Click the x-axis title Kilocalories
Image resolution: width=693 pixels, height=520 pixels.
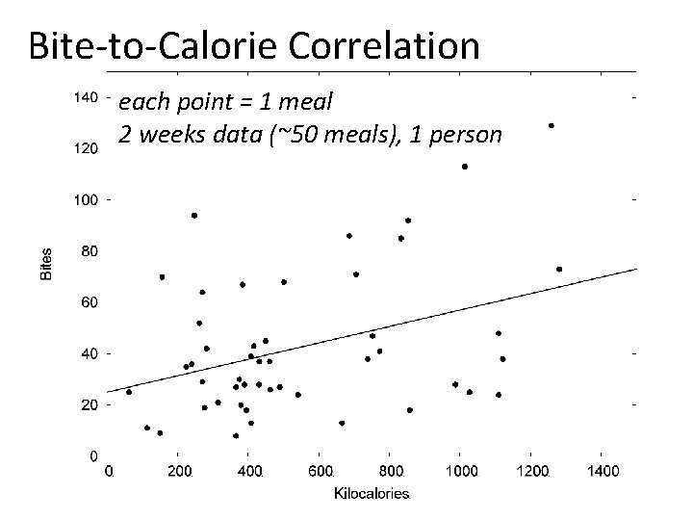point(372,494)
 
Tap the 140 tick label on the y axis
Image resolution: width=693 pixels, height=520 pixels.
point(85,97)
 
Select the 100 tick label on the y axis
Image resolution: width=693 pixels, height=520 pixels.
point(85,200)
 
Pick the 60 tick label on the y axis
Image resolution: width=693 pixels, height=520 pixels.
point(88,302)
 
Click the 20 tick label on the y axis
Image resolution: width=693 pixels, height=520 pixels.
point(88,405)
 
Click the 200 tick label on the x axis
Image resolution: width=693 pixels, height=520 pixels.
point(179,472)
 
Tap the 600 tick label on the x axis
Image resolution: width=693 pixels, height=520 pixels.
point(321,472)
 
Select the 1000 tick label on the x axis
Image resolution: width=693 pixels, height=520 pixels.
point(460,472)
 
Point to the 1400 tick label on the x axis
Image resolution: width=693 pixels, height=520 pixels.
point(602,472)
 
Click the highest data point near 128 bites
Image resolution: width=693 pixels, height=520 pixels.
point(552,125)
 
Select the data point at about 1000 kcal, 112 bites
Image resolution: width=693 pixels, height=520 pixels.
point(465,167)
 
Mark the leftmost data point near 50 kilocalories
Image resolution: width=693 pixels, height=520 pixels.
point(129,392)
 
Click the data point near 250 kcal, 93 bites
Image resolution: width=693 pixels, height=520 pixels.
point(194,216)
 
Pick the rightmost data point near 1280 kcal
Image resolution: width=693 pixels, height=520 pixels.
point(559,270)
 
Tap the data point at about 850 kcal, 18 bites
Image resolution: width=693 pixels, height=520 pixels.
point(410,410)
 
